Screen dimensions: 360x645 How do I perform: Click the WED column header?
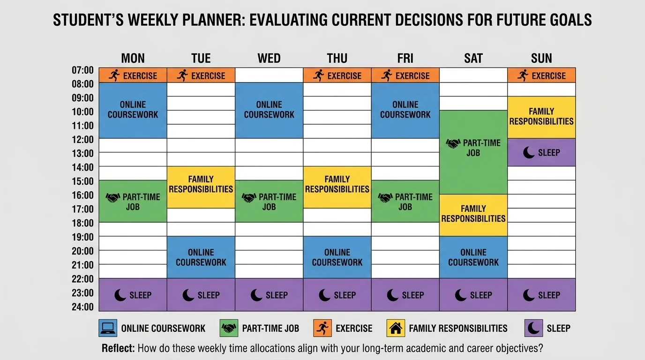(269, 58)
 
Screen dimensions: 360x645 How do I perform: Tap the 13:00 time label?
(82, 153)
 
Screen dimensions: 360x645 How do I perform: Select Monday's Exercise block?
(133, 75)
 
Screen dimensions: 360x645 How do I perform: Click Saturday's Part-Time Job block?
(473, 148)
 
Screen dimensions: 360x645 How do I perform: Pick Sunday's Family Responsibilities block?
(541, 117)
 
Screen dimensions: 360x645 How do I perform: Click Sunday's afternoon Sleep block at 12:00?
(541, 152)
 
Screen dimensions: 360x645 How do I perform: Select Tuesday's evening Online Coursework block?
(201, 257)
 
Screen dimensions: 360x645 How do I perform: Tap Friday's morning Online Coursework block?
(405, 110)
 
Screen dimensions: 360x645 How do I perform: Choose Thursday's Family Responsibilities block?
(337, 184)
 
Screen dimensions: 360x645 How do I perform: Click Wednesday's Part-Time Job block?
(269, 202)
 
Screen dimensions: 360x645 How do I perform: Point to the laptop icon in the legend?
(108, 328)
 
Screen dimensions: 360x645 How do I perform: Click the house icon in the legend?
(396, 328)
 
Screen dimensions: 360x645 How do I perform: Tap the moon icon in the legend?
(533, 328)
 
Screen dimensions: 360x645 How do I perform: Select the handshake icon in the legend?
(229, 328)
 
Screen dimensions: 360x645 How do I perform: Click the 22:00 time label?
(82, 279)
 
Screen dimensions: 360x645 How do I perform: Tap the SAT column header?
(473, 58)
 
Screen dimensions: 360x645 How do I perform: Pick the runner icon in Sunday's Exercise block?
(523, 75)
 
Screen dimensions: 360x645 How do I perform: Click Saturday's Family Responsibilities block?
(473, 214)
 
